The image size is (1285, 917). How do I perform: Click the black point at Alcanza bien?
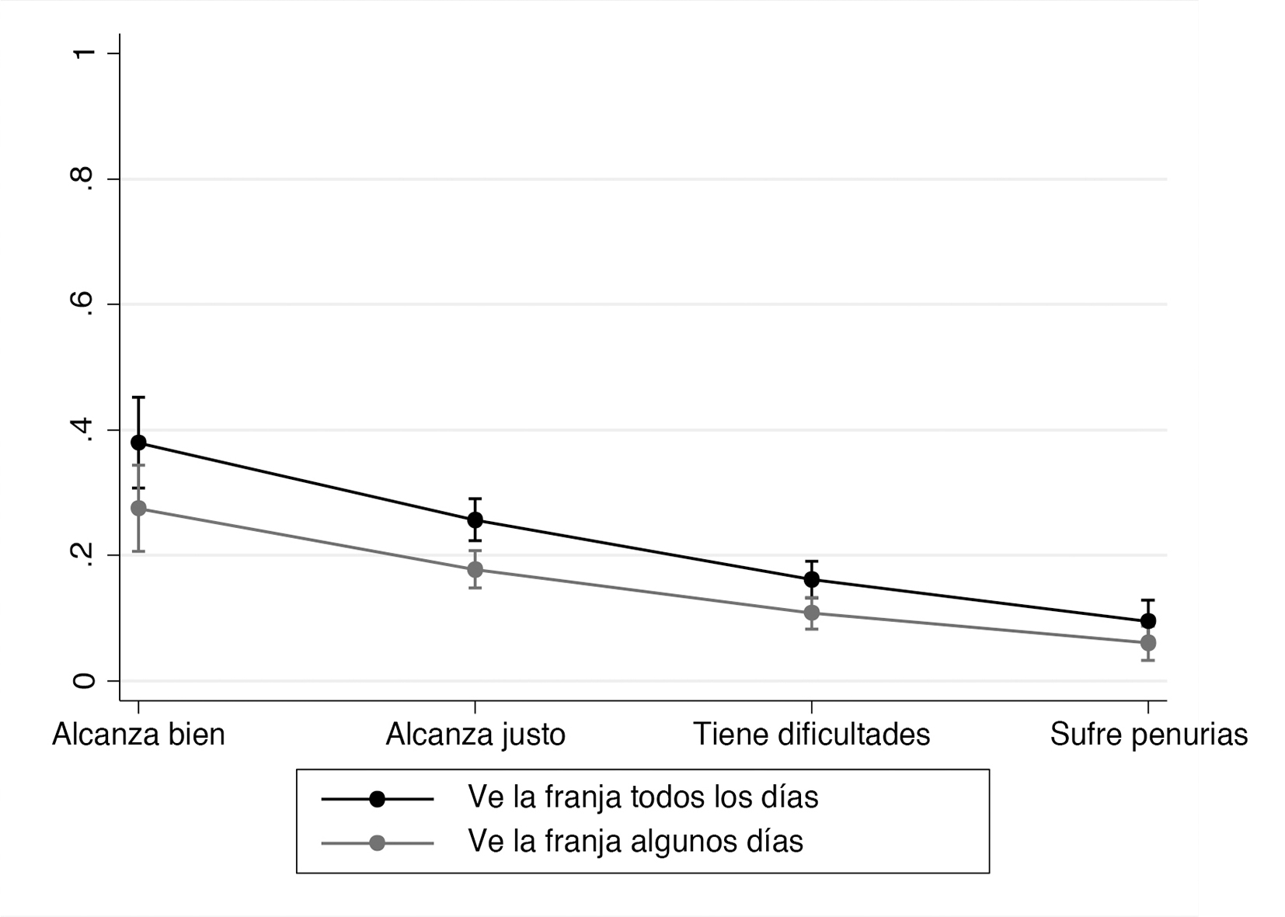(x=138, y=443)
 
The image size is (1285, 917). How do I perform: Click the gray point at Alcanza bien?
(x=138, y=509)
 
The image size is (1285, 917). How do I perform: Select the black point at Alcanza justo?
(x=475, y=519)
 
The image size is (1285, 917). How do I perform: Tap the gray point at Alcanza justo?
(x=475, y=569)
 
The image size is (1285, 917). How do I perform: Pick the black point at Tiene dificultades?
(x=812, y=579)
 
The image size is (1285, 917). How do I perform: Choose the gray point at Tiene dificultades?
(x=812, y=613)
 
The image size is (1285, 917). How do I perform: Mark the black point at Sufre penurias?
(x=1148, y=620)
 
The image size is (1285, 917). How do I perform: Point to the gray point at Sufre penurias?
(x=1148, y=643)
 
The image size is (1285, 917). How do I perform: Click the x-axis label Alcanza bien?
(x=138, y=735)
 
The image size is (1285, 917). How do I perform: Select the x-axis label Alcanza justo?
(x=475, y=735)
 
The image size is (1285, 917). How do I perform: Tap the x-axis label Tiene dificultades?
(x=812, y=735)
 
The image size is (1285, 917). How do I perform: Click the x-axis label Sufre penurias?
(x=1148, y=735)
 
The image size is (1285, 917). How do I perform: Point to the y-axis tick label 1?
(x=84, y=53)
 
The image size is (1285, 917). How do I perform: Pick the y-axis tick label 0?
(x=84, y=681)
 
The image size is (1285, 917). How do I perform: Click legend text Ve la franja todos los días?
(x=642, y=797)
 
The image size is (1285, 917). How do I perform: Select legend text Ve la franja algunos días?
(x=635, y=842)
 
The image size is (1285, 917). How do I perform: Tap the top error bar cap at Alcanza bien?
(x=138, y=398)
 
